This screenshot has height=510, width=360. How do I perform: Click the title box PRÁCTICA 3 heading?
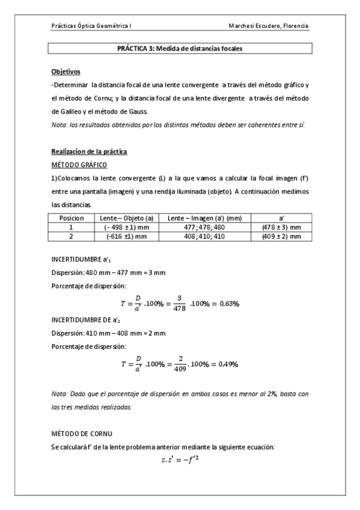tap(180, 49)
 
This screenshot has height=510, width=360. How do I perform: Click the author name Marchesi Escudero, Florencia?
tap(269, 26)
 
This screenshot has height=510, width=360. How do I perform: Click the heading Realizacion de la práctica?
tap(88, 151)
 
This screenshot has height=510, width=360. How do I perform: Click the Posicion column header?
tap(71, 218)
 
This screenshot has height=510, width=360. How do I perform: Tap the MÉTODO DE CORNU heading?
tap(82, 433)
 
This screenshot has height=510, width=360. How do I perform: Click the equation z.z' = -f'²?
tap(180, 460)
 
